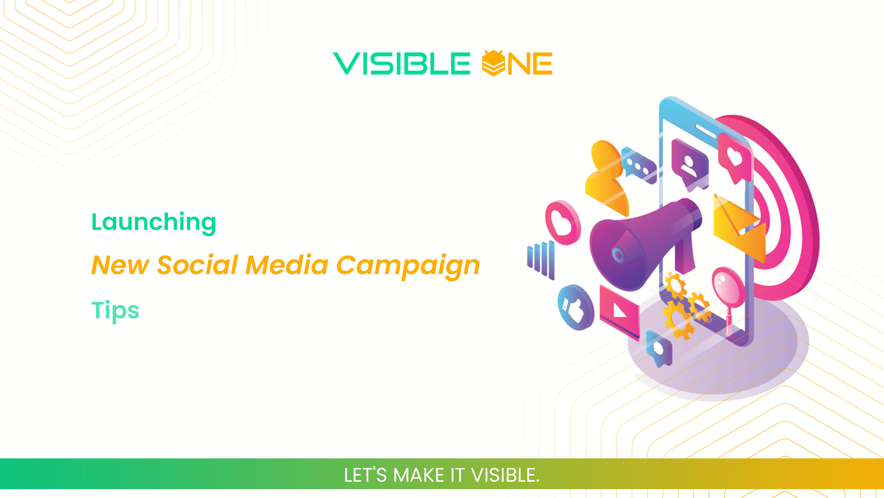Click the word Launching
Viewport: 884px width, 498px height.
tap(153, 222)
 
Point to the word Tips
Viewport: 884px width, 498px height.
tap(115, 310)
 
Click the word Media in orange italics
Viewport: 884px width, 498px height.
tap(287, 265)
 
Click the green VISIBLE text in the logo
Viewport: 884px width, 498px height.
tap(401, 64)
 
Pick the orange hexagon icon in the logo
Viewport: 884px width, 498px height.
tap(493, 63)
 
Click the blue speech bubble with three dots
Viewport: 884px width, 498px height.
tap(638, 166)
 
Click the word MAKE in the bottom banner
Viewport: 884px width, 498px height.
tap(418, 475)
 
